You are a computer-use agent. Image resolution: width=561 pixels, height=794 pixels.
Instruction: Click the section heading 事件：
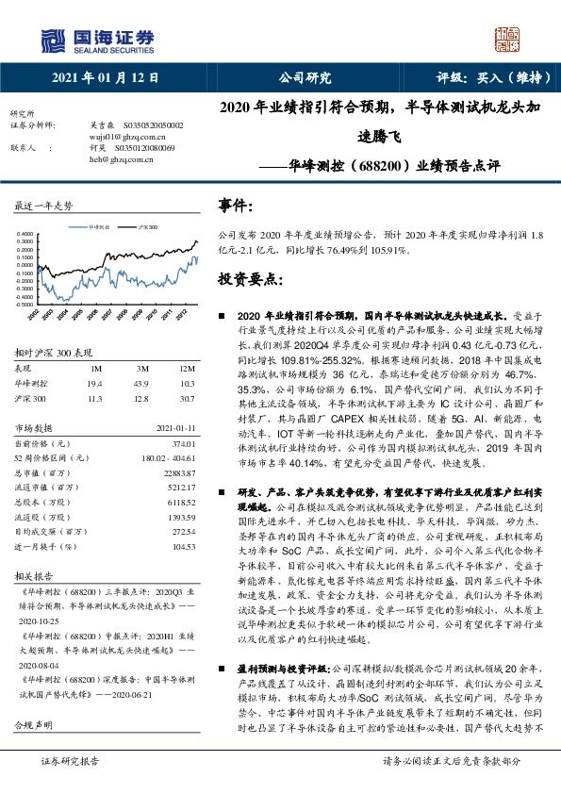(x=237, y=204)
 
